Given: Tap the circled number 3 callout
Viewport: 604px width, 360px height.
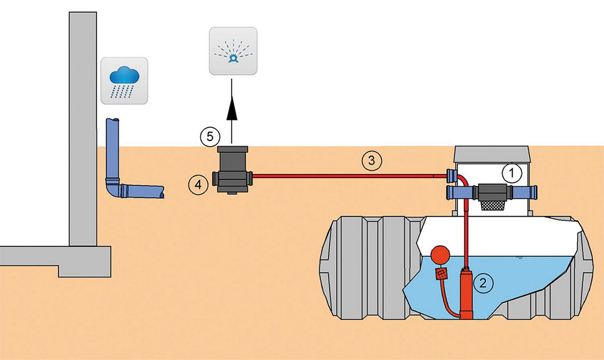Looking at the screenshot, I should (371, 161).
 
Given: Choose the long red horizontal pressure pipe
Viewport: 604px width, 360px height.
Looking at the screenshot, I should (347, 176).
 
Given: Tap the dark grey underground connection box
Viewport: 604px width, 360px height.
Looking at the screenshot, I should (232, 170).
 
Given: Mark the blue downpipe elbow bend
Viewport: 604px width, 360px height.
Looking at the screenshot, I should (114, 189).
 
